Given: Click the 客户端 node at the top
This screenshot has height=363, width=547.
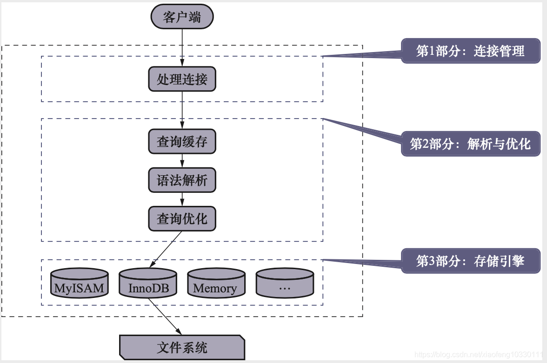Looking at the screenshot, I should tap(182, 18).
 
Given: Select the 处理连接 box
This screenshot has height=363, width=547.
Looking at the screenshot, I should tap(182, 79).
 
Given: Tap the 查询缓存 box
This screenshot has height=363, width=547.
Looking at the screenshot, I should tap(182, 141).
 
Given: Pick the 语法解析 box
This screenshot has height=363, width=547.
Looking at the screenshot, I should tap(182, 180).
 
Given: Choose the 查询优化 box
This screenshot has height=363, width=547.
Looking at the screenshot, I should tap(182, 218).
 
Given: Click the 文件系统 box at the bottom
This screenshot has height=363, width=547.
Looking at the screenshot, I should tap(182, 347).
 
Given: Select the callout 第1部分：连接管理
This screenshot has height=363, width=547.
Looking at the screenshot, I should tap(470, 51).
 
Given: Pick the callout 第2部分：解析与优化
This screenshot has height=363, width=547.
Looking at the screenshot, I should tap(470, 144).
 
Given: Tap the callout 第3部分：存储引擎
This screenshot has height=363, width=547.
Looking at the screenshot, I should tap(470, 261).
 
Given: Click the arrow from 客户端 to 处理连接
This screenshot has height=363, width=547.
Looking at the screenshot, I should tap(182, 46).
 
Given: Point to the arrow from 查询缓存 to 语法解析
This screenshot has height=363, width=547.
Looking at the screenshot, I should tap(182, 161).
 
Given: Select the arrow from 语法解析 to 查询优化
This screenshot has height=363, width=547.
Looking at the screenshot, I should tap(182, 199).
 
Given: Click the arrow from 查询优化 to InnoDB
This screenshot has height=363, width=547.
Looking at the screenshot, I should tap(165, 250).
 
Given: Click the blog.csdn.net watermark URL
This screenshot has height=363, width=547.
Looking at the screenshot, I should tap(479, 355).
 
